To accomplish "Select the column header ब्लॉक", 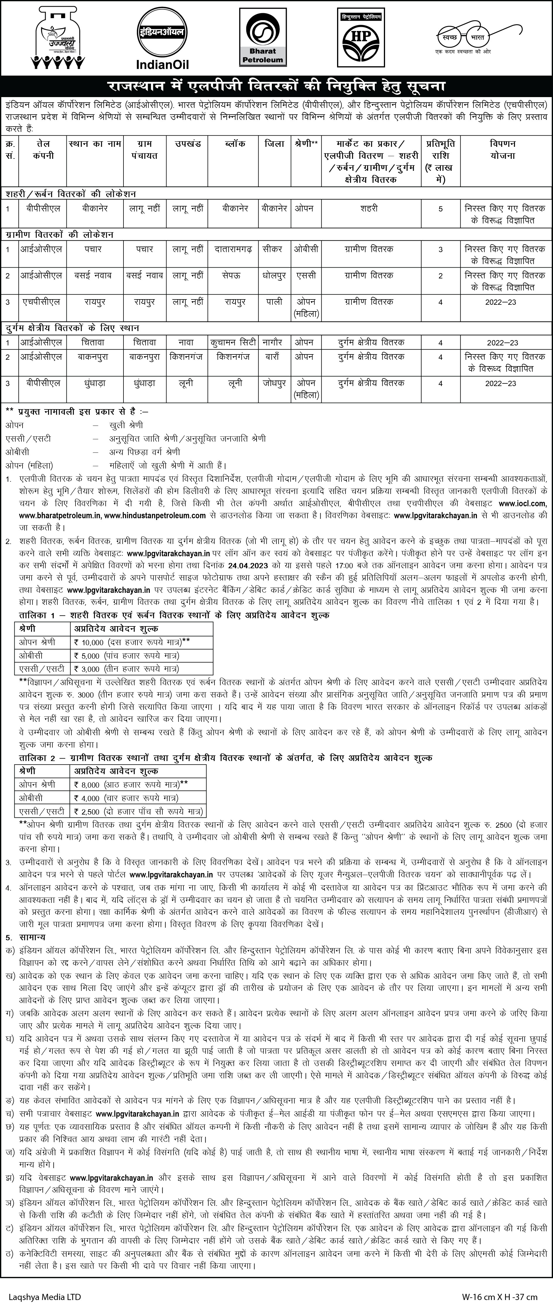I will (235, 144).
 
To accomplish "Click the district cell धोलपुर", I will (274, 276).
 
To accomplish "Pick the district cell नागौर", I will (274, 342).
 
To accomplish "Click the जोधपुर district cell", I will (274, 383).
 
